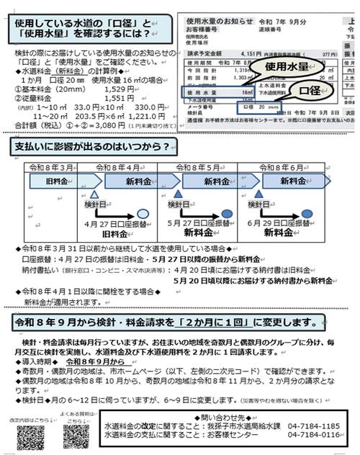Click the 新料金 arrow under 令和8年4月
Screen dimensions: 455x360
coord(138,180)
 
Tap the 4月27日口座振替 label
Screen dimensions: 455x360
coord(116,224)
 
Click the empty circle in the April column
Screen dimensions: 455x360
coord(143,214)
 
